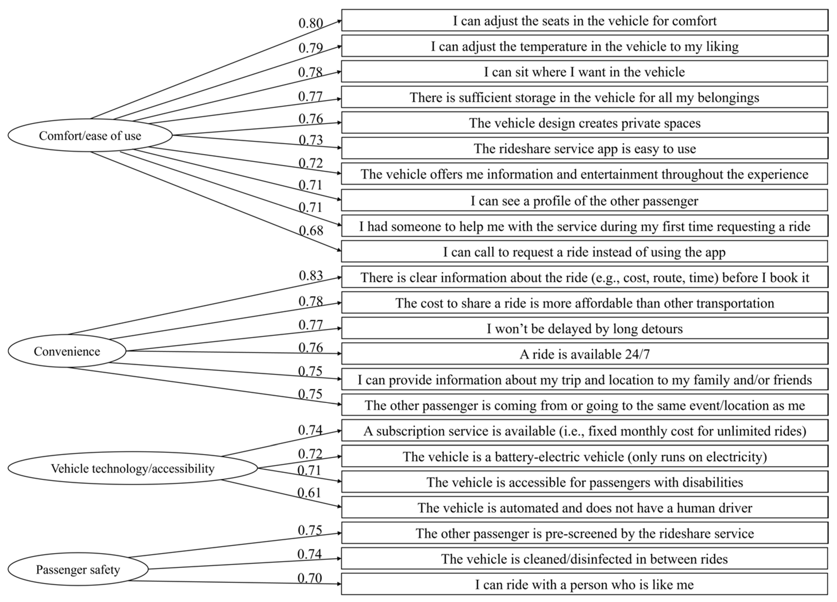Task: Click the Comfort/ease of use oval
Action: click(90, 136)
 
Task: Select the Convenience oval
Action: click(67, 351)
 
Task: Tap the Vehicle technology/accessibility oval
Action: click(132, 468)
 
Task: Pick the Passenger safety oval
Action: click(78, 570)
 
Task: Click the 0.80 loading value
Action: click(311, 23)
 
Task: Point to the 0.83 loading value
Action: click(311, 275)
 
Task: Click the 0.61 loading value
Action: click(309, 493)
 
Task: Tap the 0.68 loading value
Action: click(311, 231)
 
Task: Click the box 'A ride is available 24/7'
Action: click(584, 354)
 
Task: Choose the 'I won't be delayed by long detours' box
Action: click(584, 329)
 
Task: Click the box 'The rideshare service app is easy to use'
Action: click(584, 148)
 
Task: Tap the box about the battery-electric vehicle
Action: click(584, 457)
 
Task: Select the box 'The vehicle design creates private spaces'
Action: click(584, 123)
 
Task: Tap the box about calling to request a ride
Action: click(584, 252)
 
